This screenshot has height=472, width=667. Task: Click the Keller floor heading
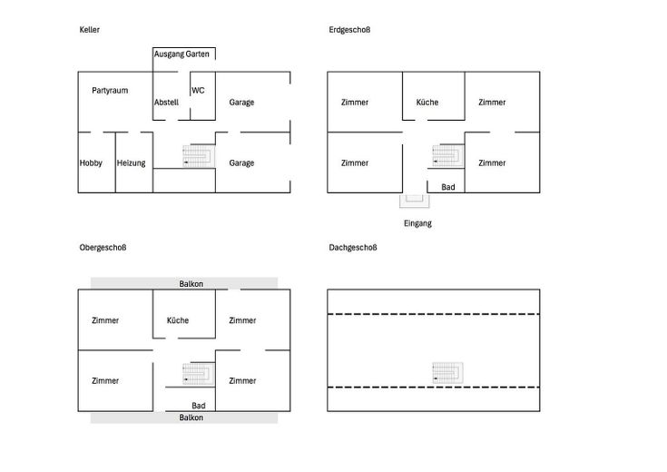click(x=89, y=30)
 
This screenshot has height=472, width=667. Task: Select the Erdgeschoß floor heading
click(x=349, y=30)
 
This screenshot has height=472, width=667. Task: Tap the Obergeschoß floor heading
click(x=103, y=248)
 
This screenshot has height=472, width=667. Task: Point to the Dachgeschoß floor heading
click(x=353, y=248)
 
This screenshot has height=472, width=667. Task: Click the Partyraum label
click(x=110, y=91)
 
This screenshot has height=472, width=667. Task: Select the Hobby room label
click(x=91, y=163)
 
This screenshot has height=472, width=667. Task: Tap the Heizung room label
click(x=131, y=163)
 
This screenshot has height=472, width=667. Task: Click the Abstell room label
click(x=166, y=103)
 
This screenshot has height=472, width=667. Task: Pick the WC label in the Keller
click(x=198, y=90)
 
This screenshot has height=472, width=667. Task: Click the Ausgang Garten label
click(x=181, y=54)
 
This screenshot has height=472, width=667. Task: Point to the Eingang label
click(x=417, y=223)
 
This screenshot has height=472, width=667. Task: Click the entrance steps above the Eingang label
click(x=415, y=201)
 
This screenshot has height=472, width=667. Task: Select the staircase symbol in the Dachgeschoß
click(x=448, y=373)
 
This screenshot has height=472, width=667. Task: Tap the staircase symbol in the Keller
click(x=199, y=156)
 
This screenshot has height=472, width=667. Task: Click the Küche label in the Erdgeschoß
click(x=427, y=103)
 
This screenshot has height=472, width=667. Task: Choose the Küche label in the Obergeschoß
click(x=178, y=320)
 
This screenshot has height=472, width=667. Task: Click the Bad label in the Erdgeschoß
click(x=448, y=187)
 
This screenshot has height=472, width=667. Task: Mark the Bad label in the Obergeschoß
click(x=198, y=406)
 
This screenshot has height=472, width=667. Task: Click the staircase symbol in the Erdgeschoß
click(x=448, y=156)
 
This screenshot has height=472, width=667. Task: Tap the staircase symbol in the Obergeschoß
click(x=199, y=374)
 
